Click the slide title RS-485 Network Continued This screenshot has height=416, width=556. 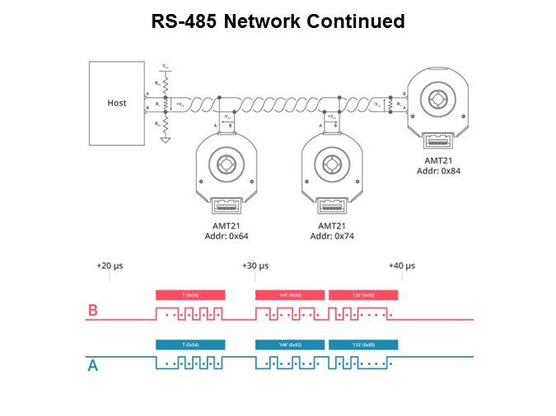(278, 22)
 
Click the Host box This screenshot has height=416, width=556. (117, 103)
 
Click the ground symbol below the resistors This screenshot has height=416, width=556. (166, 140)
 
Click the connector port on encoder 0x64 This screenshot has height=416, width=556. (225, 206)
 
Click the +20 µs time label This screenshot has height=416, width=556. (110, 266)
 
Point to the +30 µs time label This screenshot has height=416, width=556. (255, 266)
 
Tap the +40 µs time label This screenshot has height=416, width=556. (401, 266)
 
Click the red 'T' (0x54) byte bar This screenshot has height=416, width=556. (189, 294)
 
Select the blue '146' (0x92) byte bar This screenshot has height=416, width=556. (290, 344)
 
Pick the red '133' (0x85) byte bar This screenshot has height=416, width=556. (363, 294)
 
